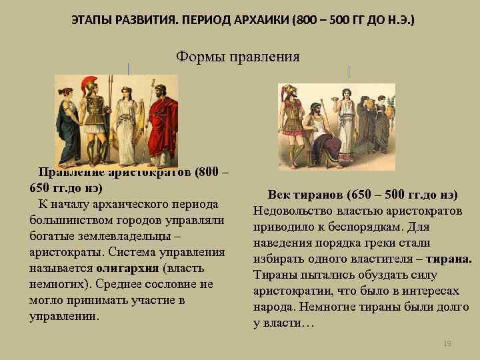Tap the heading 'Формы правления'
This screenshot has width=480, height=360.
tap(238, 57)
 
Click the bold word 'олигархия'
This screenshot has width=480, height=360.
tap(127, 268)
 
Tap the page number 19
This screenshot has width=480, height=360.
tap(447, 343)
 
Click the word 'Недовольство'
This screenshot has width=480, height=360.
tap(287, 211)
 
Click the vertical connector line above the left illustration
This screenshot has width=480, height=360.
tap(128, 69)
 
